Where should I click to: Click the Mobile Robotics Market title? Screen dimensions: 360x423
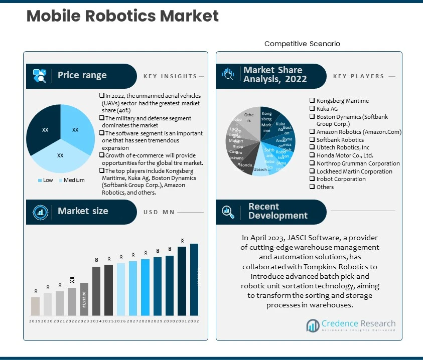tap(122, 16)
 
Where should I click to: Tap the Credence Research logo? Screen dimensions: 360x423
tap(351, 325)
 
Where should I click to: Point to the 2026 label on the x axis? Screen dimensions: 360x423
tap(120, 321)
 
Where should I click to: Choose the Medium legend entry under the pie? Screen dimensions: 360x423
tap(72, 181)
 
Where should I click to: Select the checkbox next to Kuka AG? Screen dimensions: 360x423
tap(312, 109)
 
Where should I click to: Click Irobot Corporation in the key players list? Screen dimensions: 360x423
tap(341, 179)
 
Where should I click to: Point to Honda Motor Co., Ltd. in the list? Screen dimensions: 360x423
tap(345, 155)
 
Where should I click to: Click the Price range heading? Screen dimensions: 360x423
tap(82, 75)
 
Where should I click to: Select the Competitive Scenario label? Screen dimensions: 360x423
tap(302, 44)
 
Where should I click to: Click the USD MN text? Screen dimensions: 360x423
tap(159, 212)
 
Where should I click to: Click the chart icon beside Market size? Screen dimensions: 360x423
tap(40, 211)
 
